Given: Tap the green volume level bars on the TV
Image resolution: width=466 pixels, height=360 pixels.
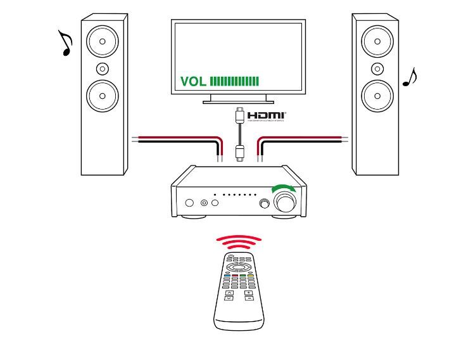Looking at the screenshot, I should coord(234,81).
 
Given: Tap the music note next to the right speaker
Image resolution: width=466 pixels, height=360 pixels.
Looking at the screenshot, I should coord(410,77).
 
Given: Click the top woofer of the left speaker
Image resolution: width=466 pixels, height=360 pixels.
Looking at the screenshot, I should coord(103,42).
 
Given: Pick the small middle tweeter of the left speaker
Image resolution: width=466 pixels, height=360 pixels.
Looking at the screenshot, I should coord(103,68).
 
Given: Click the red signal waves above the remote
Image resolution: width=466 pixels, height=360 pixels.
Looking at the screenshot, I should coord(238,241).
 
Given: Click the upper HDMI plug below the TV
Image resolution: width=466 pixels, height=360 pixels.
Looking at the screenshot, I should coord(239,117).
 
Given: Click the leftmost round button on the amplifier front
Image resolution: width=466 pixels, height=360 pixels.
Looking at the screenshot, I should coord(189,203).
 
